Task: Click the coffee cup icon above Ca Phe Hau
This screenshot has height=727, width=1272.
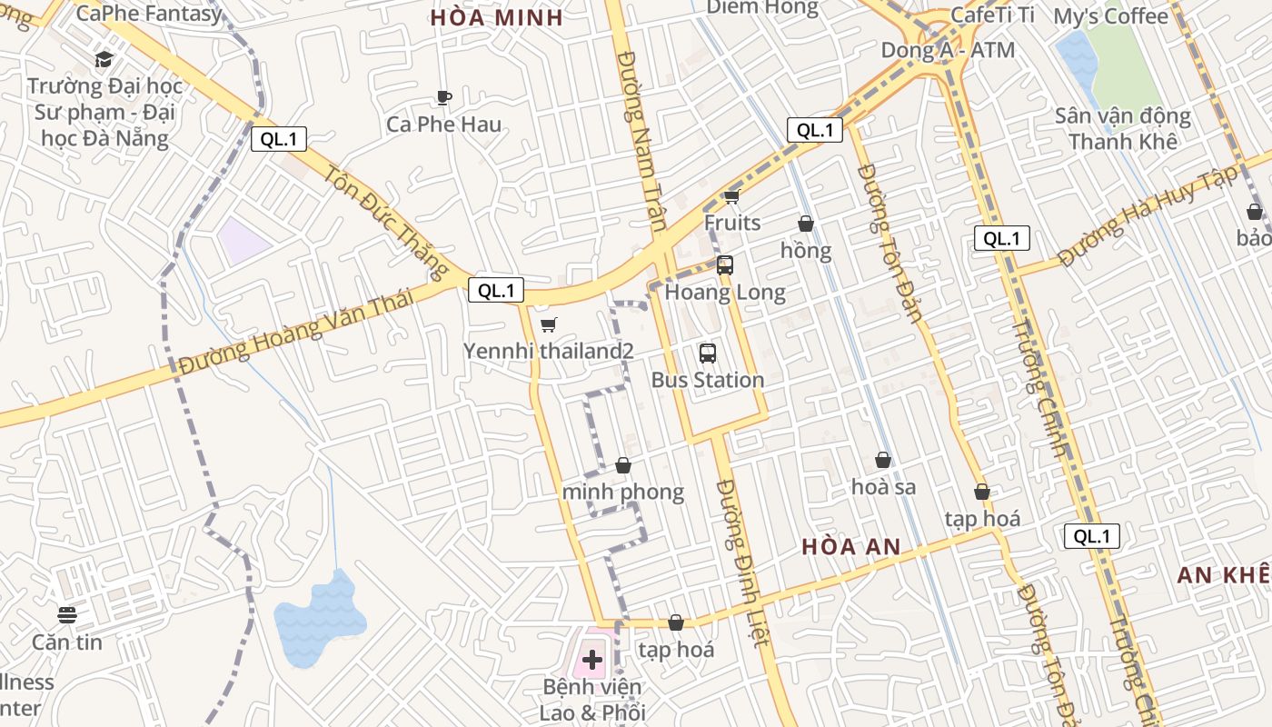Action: click(x=443, y=97)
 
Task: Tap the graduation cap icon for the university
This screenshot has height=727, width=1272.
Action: click(x=104, y=60)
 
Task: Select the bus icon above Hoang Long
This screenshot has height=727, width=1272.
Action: click(x=725, y=265)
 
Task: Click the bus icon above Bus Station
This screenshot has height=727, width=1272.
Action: click(x=708, y=354)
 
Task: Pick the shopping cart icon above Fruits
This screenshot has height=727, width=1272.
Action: click(x=731, y=196)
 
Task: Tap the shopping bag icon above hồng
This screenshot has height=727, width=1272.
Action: click(x=805, y=224)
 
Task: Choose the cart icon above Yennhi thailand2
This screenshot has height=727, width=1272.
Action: click(x=548, y=324)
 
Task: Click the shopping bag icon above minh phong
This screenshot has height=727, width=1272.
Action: click(x=623, y=465)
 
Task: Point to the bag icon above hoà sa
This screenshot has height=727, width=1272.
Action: click(x=883, y=461)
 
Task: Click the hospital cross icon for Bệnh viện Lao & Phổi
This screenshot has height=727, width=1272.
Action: click(x=592, y=659)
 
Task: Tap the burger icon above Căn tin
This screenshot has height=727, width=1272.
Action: click(x=67, y=615)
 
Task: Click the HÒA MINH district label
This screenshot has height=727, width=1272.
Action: click(x=497, y=18)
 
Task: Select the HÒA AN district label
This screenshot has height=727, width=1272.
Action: click(x=851, y=546)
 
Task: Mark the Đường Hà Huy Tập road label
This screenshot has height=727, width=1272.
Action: click(x=1148, y=216)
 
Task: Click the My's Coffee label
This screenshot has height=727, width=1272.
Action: click(x=1110, y=16)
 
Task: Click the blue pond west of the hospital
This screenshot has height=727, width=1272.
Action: click(x=318, y=618)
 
